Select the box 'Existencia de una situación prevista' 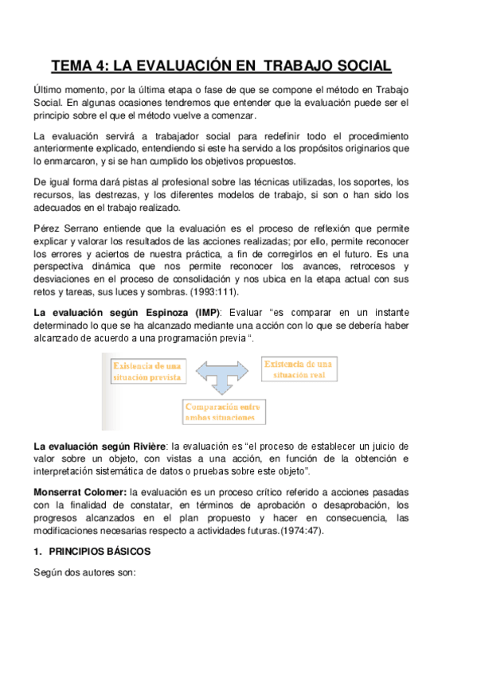[x=147, y=371]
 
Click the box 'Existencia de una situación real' [x=300, y=369]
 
